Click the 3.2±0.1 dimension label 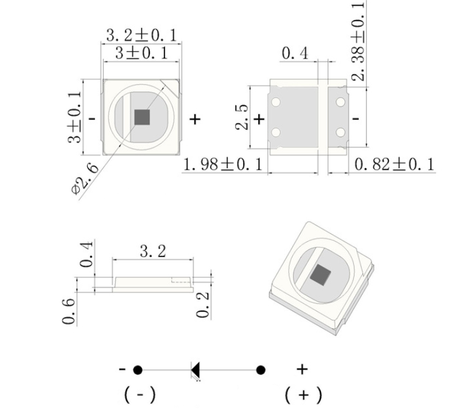coord(141,35)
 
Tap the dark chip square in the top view coord(143,117)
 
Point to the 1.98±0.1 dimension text coord(223,164)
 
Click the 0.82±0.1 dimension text coord(395,164)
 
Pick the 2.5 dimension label coord(241,117)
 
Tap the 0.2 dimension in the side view coord(204,304)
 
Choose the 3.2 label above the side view coord(153,251)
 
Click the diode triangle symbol coord(196,370)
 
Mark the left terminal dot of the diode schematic coord(138,370)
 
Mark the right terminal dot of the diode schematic coord(261,370)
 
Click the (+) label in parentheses coord(303,395)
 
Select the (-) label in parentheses coord(139,395)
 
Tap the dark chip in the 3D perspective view coord(320,275)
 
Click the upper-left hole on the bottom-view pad coord(276,102)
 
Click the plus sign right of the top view coord(195,119)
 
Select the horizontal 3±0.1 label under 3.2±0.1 coord(141,53)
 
